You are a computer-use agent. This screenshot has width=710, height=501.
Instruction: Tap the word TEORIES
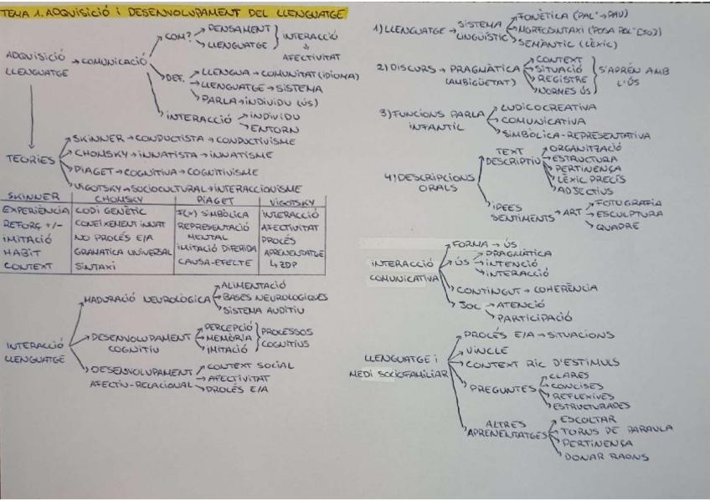24,160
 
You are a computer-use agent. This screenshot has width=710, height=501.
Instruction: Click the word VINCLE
483,350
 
